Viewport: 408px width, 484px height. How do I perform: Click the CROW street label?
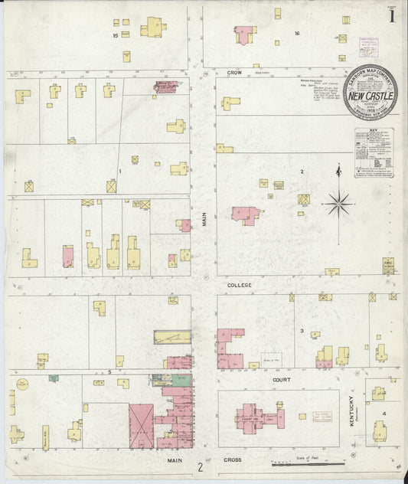(234, 71)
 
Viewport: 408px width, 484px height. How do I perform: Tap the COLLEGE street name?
(239, 284)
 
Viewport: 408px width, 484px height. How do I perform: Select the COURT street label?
(279, 378)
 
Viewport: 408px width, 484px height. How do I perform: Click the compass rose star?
(337, 203)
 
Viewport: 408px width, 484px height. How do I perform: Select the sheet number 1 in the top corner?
(391, 15)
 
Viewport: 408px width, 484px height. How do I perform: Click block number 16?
(296, 33)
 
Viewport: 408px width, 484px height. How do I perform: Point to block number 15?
(116, 35)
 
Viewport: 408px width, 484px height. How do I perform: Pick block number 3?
(302, 331)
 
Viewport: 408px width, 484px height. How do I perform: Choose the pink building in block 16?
(243, 35)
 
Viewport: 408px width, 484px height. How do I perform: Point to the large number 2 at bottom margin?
(201, 466)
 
